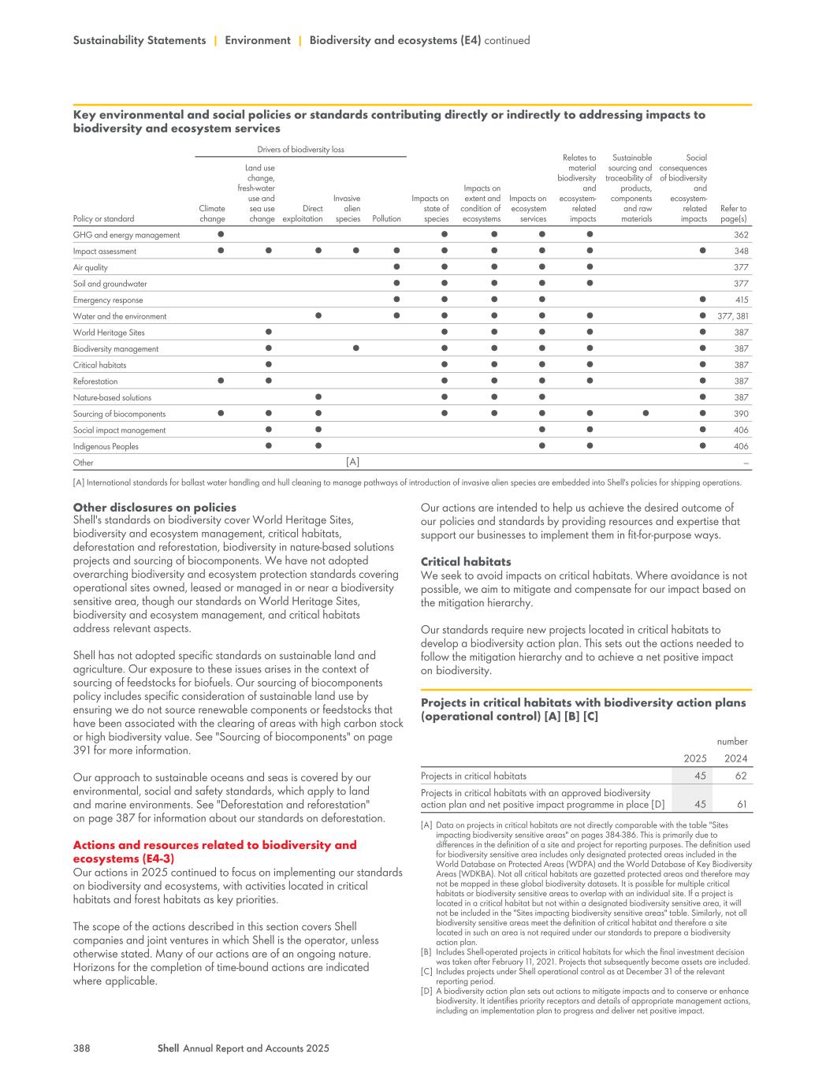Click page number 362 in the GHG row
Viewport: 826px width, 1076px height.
pyautogui.click(x=741, y=235)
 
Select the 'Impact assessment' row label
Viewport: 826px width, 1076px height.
pyautogui.click(x=105, y=251)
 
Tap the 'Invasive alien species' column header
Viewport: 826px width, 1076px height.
pyautogui.click(x=348, y=209)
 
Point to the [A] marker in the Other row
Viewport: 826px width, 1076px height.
pyautogui.click(x=352, y=463)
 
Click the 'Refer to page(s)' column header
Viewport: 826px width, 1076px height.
pyautogui.click(x=734, y=214)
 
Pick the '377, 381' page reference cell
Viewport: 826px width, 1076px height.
pyautogui.click(x=733, y=317)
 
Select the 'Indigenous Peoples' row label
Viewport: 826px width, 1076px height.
pyautogui.click(x=106, y=447)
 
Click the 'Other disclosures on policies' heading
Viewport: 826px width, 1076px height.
pyautogui.click(x=154, y=508)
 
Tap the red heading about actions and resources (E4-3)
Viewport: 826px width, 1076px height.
pyautogui.click(x=214, y=851)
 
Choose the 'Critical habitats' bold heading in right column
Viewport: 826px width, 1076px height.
pyautogui.click(x=466, y=562)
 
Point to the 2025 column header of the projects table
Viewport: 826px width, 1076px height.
pyautogui.click(x=694, y=758)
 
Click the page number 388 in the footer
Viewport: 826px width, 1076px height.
pyautogui.click(x=81, y=1048)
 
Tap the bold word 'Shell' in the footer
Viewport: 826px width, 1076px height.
pyautogui.click(x=169, y=1048)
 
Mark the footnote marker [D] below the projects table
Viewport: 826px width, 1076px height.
pyautogui.click(x=426, y=991)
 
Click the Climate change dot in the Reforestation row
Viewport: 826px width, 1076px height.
pyautogui.click(x=221, y=382)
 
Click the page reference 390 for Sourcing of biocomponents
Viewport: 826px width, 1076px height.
pyautogui.click(x=741, y=415)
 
